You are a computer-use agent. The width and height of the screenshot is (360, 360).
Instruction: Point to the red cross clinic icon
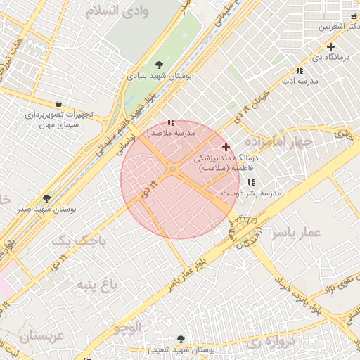coord(225,147)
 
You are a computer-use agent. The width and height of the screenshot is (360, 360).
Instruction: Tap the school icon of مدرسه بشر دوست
coord(251,183)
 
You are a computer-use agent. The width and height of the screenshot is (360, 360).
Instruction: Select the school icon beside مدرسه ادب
coord(300,70)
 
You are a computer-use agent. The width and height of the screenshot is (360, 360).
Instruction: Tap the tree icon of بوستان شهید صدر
coord(46,199)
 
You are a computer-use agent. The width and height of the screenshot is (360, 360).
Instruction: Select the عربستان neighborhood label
coord(41,336)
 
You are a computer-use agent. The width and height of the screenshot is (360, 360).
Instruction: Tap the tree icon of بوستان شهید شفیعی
coord(182,340)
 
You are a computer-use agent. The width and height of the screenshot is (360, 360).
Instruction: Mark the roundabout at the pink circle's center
coord(173,169)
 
